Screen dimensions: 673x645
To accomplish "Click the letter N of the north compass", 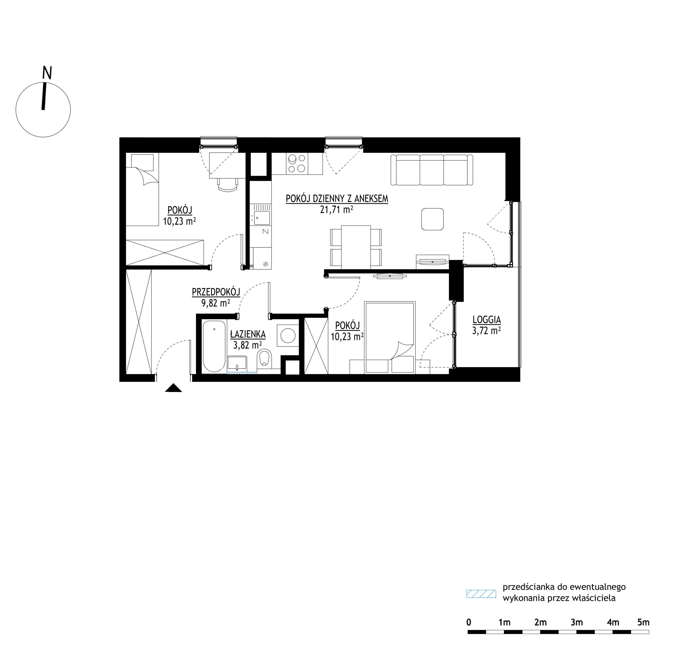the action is click(x=47, y=73).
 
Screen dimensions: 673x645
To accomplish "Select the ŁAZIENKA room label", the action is click(x=248, y=334).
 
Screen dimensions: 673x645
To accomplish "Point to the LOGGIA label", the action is click(x=487, y=320).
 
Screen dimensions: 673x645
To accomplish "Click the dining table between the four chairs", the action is click(x=356, y=247).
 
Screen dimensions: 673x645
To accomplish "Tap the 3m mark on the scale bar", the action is click(x=577, y=622).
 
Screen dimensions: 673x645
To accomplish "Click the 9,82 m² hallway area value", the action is click(x=216, y=303).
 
